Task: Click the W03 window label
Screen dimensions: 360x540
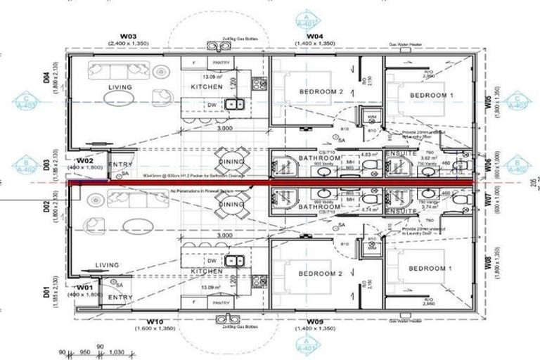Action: (127, 35)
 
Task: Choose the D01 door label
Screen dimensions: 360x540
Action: (46, 290)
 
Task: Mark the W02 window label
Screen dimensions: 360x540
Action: (85, 160)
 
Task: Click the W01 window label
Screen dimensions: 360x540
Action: (85, 288)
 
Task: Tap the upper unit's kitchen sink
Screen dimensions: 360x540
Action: (234, 105)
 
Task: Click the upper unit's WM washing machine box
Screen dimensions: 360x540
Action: (370, 117)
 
